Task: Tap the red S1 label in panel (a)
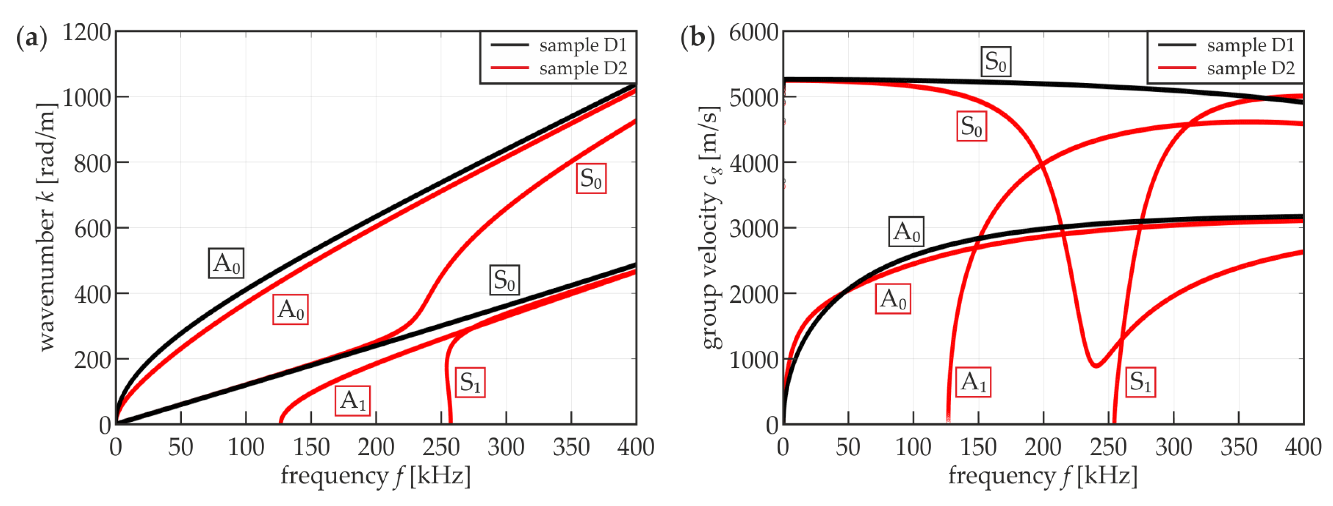pos(470,383)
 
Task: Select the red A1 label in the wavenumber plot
pos(352,401)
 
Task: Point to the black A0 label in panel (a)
pos(226,263)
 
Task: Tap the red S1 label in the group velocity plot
pos(1140,382)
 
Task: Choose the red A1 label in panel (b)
pos(973,382)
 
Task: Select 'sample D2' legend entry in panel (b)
pos(1250,68)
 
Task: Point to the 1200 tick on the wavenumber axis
pos(87,32)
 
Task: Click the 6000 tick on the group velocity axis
pos(754,32)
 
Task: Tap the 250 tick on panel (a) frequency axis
pos(441,447)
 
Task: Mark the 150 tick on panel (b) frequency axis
pos(978,447)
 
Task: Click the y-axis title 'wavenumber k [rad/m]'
pos(47,228)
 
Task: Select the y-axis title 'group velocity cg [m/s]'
pos(711,228)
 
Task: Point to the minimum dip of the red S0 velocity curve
pos(1096,366)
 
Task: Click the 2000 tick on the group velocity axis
pos(754,294)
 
